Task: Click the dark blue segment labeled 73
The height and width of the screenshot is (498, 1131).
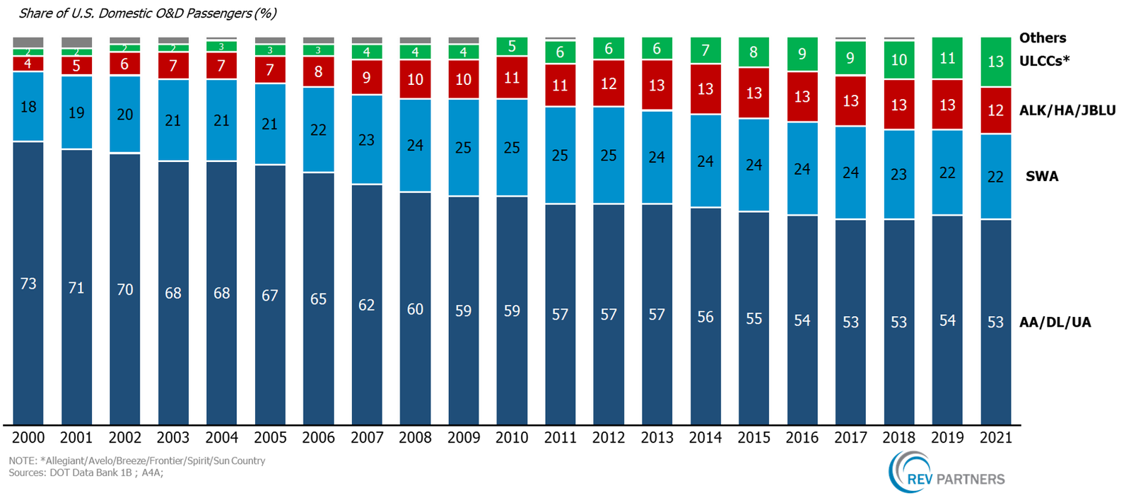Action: coord(28,283)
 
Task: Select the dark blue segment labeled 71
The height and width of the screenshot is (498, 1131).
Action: coord(76,286)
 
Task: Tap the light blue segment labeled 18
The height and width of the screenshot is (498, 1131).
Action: coord(28,107)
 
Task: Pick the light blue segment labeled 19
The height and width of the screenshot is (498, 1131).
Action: coord(76,112)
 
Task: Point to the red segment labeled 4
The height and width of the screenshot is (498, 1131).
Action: coord(28,64)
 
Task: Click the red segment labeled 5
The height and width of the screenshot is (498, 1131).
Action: coord(76,66)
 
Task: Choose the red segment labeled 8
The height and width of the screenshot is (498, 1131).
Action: coord(318,71)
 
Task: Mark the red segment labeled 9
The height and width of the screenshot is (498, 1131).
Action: coord(366,77)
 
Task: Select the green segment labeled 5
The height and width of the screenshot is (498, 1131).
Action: coord(512,47)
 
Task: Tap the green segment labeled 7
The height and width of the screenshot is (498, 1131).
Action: coord(705,50)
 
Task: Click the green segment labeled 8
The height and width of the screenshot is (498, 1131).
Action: coord(754,52)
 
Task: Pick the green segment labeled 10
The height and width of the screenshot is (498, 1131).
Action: coord(898,60)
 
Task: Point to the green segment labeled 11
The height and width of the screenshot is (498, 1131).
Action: coord(947,58)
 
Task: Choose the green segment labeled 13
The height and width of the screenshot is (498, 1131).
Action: coord(995,62)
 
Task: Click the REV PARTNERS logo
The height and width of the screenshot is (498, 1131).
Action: coord(946,473)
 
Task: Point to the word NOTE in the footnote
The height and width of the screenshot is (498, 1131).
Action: coord(21,461)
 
